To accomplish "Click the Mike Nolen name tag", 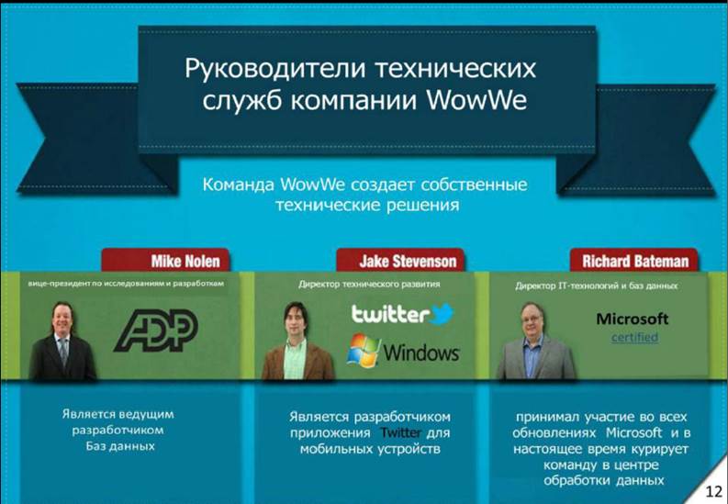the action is click(x=165, y=260).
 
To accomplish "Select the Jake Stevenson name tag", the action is click(x=400, y=260).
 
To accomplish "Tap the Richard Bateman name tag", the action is click(x=634, y=260).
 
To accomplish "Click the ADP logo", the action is click(x=156, y=330).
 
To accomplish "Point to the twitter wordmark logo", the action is click(x=390, y=315).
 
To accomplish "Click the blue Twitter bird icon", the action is click(x=442, y=314).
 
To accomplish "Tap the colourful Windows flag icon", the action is click(x=364, y=351).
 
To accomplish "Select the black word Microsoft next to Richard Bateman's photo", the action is click(x=633, y=319).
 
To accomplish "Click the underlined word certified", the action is click(x=634, y=337).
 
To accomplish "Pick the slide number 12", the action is click(x=713, y=492).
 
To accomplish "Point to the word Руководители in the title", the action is click(x=274, y=69).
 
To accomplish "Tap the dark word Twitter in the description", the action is click(x=400, y=433).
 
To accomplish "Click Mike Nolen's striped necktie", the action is click(x=63, y=351).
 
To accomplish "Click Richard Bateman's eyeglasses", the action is click(x=532, y=319).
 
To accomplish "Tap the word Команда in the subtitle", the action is click(x=239, y=185).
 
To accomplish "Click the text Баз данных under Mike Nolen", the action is click(x=120, y=446).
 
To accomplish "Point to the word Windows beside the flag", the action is click(x=421, y=353).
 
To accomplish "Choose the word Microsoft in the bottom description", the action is click(x=634, y=433).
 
